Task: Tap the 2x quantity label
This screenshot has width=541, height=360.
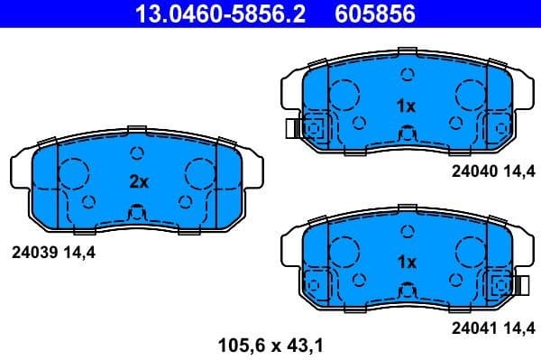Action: tap(137, 181)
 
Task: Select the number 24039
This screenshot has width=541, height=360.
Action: tap(32, 254)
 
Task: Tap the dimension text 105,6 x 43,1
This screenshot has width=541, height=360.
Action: tap(270, 344)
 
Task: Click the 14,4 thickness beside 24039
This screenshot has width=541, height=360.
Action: tap(78, 254)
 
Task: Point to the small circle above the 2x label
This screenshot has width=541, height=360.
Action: tap(137, 152)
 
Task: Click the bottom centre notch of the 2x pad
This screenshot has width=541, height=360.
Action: tap(137, 215)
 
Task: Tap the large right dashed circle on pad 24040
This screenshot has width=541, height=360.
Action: tap(471, 93)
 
